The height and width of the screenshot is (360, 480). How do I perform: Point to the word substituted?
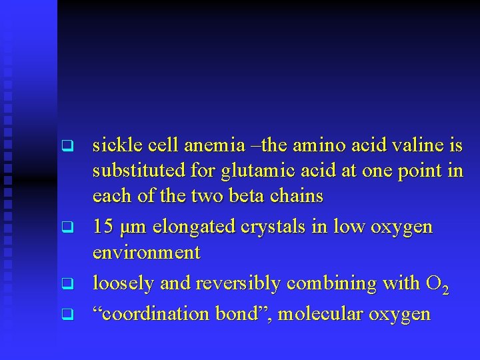(139, 171)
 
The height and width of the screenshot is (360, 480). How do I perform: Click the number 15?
(103, 227)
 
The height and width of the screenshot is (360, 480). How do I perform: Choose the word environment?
(147, 253)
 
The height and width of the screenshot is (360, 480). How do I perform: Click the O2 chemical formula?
(436, 285)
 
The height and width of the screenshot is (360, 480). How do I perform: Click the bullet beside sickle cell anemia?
(65, 145)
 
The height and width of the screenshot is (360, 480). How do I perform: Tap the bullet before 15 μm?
(65, 227)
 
